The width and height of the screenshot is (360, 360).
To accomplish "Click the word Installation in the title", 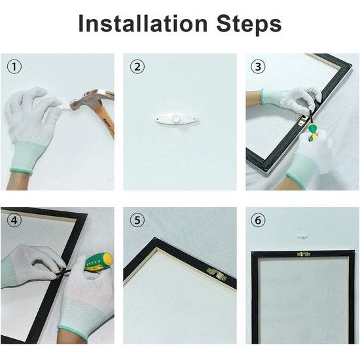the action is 143,24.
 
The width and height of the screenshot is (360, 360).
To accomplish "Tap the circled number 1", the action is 14,67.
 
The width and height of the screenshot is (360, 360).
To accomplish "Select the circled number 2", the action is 137,67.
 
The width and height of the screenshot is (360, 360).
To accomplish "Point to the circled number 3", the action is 258,67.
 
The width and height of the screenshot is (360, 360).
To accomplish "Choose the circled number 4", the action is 14,220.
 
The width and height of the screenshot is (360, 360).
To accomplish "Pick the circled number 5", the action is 137,220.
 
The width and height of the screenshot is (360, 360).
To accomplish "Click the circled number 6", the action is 258,220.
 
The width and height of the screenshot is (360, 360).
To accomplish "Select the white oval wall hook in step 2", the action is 176,118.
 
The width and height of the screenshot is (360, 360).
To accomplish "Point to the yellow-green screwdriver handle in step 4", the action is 99,261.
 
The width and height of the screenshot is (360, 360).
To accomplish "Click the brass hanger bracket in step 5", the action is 217,273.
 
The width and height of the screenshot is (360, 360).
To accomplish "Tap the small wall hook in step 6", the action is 302,237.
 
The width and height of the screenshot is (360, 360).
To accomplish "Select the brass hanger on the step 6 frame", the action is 304,254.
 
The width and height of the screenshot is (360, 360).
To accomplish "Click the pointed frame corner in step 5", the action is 156,238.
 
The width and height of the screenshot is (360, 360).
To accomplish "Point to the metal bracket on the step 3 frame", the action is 302,118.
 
